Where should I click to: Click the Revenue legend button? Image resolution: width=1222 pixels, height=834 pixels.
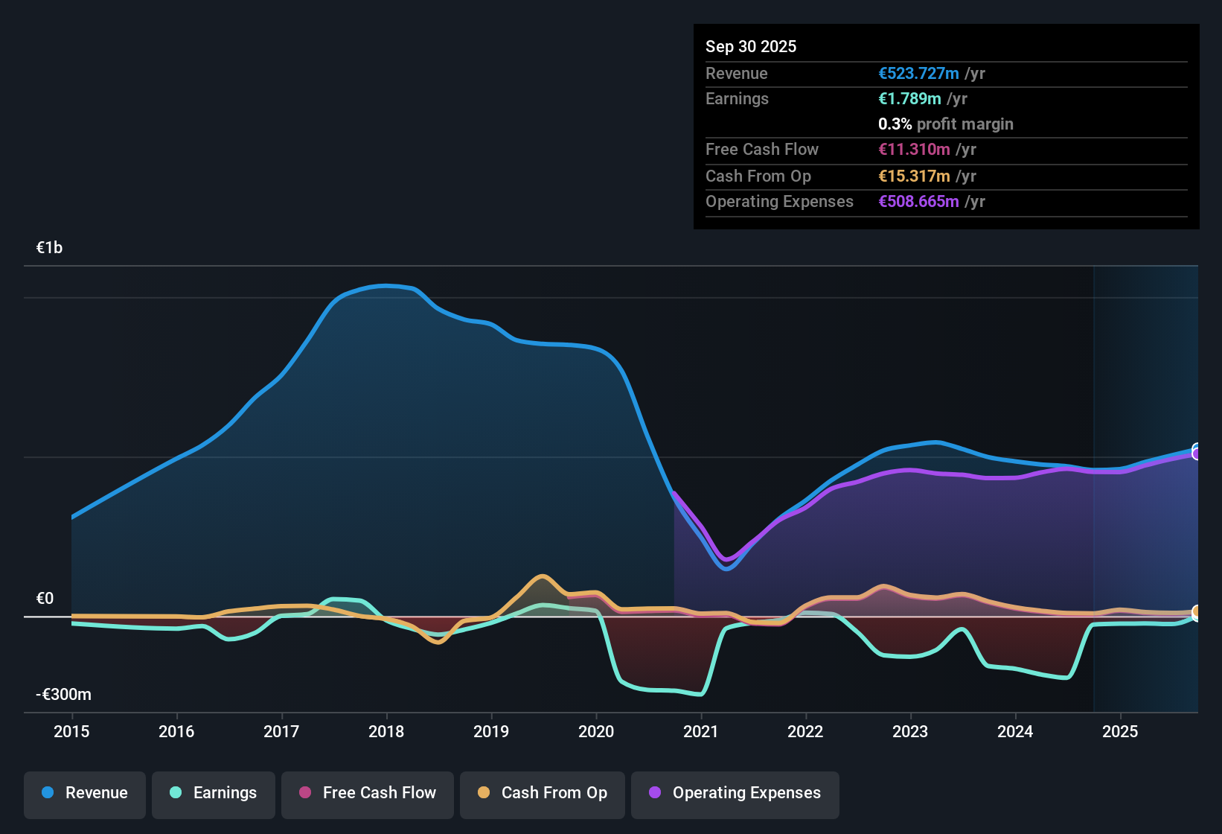click(x=85, y=793)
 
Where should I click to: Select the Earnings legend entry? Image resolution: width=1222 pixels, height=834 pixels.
click(x=214, y=793)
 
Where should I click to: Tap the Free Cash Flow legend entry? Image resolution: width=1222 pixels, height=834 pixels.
click(x=368, y=793)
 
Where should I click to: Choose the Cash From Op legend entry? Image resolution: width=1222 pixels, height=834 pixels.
click(x=543, y=793)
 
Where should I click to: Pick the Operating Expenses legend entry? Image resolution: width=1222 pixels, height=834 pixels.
click(x=735, y=793)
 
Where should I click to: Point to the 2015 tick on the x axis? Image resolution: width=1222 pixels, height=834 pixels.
click(x=71, y=731)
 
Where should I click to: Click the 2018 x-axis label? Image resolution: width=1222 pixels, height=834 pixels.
click(x=386, y=731)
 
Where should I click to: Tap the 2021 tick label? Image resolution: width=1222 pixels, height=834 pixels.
click(x=701, y=731)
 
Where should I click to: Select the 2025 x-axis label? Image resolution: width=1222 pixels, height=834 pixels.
click(x=1120, y=731)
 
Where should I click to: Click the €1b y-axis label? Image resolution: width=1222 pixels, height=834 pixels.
click(x=49, y=248)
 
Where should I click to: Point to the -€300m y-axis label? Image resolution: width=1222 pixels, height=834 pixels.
click(x=63, y=695)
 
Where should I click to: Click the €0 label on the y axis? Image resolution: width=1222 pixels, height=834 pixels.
click(x=45, y=599)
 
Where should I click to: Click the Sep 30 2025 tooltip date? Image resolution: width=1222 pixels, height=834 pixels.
click(x=751, y=46)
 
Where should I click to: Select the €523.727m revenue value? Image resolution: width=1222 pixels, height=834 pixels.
click(x=918, y=73)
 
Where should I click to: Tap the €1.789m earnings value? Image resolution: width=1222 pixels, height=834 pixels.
click(x=909, y=98)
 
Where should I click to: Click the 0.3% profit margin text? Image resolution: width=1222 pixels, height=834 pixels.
click(x=945, y=124)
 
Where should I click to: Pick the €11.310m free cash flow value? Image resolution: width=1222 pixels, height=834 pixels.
click(x=914, y=149)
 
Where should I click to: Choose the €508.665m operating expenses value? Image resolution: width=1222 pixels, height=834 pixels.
click(x=918, y=201)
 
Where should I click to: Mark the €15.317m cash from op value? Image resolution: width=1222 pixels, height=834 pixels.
click(x=914, y=176)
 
